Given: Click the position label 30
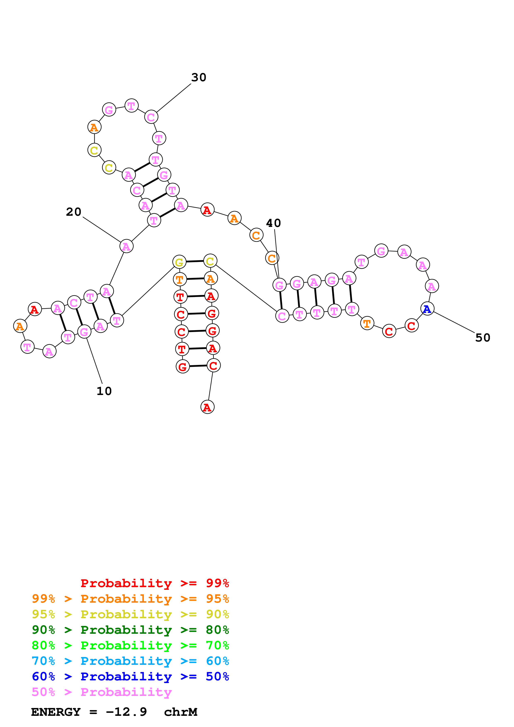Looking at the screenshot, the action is [x=199, y=78].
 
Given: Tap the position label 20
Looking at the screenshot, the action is [x=73, y=212].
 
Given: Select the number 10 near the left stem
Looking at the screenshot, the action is [x=104, y=391].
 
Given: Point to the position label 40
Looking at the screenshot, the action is [x=273, y=223].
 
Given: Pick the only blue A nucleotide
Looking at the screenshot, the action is [x=427, y=309].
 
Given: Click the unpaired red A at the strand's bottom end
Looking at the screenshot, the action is [x=207, y=407].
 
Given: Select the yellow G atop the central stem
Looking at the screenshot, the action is [x=179, y=262].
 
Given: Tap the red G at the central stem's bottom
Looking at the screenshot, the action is [x=182, y=367].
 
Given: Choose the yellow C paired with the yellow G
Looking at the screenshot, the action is [x=210, y=261].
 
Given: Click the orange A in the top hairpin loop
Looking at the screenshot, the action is [x=94, y=127].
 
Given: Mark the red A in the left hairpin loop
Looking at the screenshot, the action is [x=34, y=309].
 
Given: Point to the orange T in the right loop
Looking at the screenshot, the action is [x=367, y=324].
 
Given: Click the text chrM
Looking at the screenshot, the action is [x=181, y=712].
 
